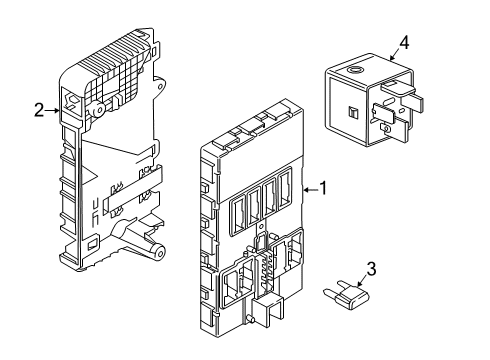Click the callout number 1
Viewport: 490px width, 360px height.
[x=323, y=187]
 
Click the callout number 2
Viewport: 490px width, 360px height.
[x=38, y=110]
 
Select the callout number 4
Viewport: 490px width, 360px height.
[x=403, y=41]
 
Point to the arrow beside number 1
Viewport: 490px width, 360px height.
[x=307, y=187]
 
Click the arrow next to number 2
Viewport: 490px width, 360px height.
[x=54, y=110]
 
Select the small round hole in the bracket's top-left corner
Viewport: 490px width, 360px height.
[x=72, y=99]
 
